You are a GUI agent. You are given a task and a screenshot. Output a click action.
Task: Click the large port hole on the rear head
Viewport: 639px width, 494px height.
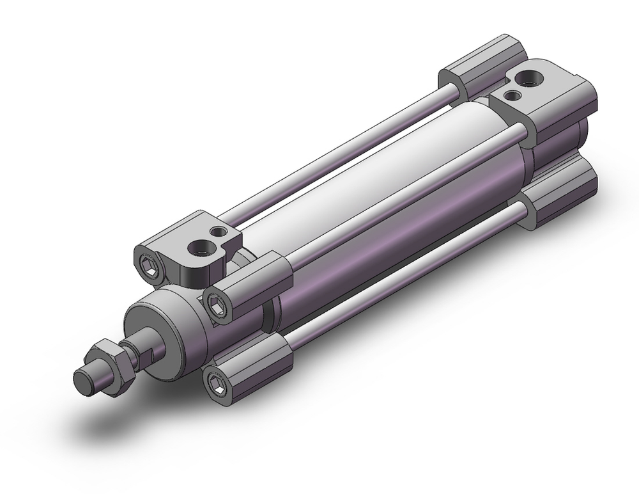point(531,79)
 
